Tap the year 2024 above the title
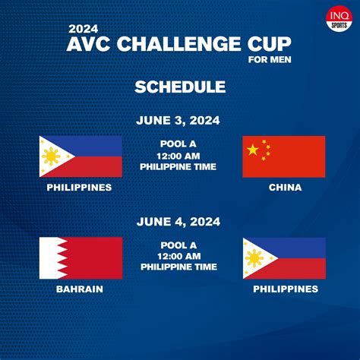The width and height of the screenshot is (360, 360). tap(83, 28)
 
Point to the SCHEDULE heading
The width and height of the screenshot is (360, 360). tap(179, 87)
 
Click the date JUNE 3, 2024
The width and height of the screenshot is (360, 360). tap(179, 120)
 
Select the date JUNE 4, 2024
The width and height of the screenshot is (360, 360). tap(179, 222)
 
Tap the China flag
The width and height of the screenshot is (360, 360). tap(283, 156)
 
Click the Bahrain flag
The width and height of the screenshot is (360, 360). tap(81, 257)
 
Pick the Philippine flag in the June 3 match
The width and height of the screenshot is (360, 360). tap(81, 156)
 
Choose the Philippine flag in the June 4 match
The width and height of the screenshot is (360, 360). tap(283, 257)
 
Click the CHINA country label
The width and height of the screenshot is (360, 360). tap(285, 188)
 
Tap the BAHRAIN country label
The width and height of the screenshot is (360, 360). tap(81, 289)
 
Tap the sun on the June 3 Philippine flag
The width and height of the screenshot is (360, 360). tap(52, 156)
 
